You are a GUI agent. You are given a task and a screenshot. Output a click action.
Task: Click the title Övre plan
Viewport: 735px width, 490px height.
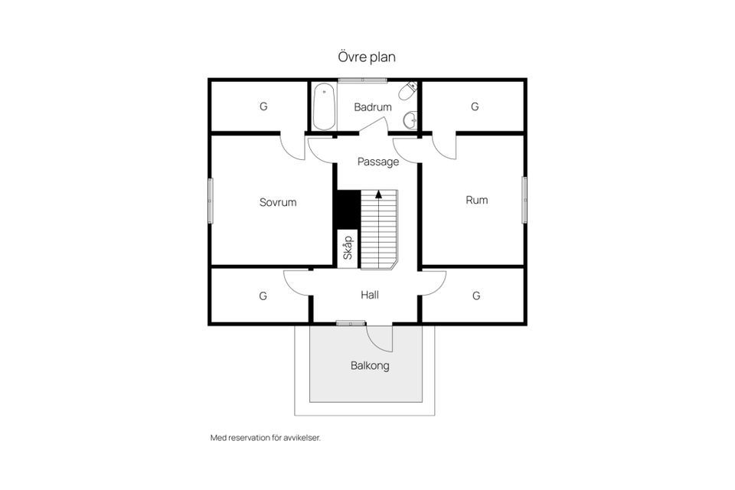[x=367, y=57]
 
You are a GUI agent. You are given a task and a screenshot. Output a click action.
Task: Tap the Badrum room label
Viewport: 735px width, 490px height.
[x=373, y=107]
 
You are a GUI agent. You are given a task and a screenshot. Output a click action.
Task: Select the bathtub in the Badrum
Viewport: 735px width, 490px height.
[x=324, y=107]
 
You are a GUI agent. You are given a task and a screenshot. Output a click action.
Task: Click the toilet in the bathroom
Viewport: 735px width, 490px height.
[x=408, y=90]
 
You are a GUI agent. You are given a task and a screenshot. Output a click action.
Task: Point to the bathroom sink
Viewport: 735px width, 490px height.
[x=410, y=119]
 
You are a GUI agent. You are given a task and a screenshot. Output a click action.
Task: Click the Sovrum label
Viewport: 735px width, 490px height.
[x=278, y=202]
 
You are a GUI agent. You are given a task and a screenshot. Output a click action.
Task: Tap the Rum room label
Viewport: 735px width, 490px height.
[x=477, y=201]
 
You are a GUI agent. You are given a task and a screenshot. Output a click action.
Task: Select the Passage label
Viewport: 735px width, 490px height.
[x=377, y=162]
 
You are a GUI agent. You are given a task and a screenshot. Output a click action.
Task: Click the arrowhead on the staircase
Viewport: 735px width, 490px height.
[x=378, y=194]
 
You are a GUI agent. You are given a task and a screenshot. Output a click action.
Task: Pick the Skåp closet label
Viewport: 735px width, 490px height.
[x=348, y=247]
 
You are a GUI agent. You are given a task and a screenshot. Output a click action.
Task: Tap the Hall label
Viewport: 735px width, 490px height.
[x=370, y=295]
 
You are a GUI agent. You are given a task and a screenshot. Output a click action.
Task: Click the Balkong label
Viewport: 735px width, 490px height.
[x=370, y=365]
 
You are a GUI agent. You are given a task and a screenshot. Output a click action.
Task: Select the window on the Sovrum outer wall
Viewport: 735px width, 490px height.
[x=211, y=201]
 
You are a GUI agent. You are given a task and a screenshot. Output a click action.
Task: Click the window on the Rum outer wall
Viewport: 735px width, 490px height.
[x=524, y=200]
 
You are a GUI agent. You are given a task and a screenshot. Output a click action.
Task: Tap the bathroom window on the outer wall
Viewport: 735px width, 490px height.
[x=363, y=80]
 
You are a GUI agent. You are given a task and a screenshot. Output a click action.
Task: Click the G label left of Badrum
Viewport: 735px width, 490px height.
[x=263, y=106]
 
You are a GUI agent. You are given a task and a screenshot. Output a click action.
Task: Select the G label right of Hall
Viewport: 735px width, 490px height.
[x=476, y=296]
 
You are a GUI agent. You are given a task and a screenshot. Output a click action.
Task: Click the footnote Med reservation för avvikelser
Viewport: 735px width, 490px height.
[x=266, y=438]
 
